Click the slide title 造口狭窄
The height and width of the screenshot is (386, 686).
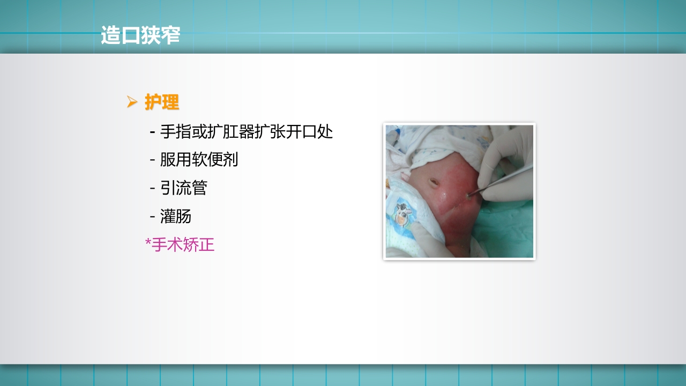(x=140, y=35)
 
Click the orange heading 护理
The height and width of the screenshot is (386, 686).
(x=162, y=102)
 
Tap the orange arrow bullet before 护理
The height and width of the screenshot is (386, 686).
(x=132, y=101)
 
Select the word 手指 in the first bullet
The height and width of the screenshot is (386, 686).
(x=176, y=131)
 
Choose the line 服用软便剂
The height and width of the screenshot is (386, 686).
(x=199, y=160)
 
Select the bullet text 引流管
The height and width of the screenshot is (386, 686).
(x=183, y=188)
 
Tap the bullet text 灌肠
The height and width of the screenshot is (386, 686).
(x=176, y=217)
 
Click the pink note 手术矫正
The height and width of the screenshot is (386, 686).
(x=183, y=245)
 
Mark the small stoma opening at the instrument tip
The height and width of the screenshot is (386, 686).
(x=469, y=196)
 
